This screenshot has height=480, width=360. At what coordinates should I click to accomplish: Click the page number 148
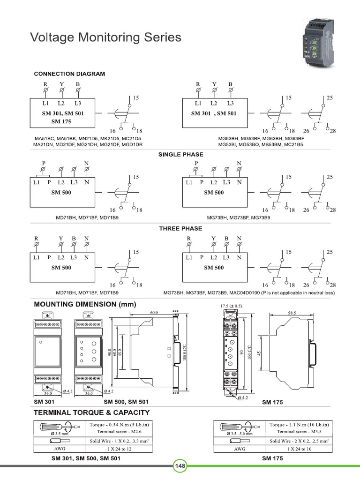click(x=180, y=466)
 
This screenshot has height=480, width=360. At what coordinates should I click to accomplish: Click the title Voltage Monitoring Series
click(x=105, y=37)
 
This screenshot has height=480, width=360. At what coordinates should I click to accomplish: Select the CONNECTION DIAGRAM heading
click(x=69, y=74)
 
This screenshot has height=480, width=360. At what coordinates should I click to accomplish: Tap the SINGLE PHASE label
click(x=180, y=154)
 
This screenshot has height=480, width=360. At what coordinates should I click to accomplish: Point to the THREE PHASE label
click(x=180, y=228)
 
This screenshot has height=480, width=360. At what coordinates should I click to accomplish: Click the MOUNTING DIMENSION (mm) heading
click(x=85, y=304)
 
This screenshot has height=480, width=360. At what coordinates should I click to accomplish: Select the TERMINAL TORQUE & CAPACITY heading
click(x=91, y=412)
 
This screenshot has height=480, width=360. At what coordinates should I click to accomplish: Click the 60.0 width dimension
click(x=154, y=312)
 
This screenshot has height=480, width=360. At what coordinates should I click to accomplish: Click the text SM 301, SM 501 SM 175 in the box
click(x=61, y=117)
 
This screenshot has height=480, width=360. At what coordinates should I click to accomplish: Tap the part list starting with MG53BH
click(x=261, y=142)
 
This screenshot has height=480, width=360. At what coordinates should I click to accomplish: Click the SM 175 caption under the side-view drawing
click(x=272, y=402)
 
